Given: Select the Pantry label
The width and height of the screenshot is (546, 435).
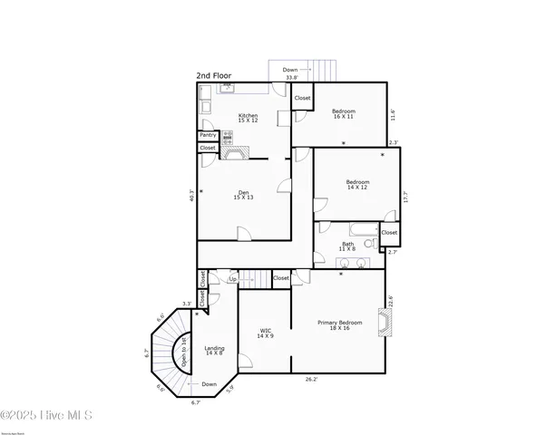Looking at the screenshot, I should pyautogui.click(x=208, y=135).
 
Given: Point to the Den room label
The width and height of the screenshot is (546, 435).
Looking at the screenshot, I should pyautogui.click(x=243, y=195).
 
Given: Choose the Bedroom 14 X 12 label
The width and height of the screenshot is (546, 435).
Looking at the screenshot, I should pyautogui.click(x=357, y=185).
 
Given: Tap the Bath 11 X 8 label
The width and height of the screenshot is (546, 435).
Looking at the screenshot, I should pyautogui.click(x=348, y=246).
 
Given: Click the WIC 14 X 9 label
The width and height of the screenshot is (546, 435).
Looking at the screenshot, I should pyautogui.click(x=266, y=333).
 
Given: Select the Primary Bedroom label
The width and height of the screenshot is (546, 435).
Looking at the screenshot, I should pyautogui.click(x=339, y=325).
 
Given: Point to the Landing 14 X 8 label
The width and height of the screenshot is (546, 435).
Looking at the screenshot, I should pyautogui.click(x=215, y=351).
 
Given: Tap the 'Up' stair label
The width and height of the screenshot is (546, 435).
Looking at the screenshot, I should pyautogui.click(x=233, y=279).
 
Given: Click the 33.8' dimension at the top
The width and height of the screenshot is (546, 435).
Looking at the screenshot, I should pyautogui.click(x=291, y=78).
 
